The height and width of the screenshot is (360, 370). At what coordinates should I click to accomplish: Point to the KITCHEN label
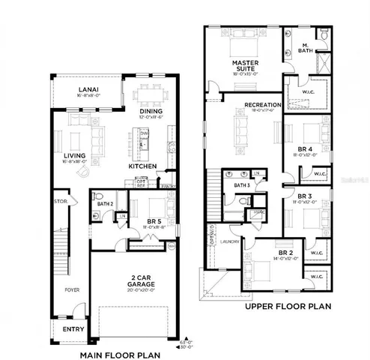coord(142,166)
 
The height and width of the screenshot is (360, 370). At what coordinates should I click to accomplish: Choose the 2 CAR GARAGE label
coord(135,282)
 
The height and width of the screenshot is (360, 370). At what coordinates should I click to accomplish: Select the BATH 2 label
coord(104,203)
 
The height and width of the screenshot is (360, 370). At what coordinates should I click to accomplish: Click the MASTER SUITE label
coord(244,67)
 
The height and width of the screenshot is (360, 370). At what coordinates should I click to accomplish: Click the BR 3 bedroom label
coord(304,196)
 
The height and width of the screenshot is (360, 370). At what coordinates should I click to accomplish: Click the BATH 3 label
coord(241,184)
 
